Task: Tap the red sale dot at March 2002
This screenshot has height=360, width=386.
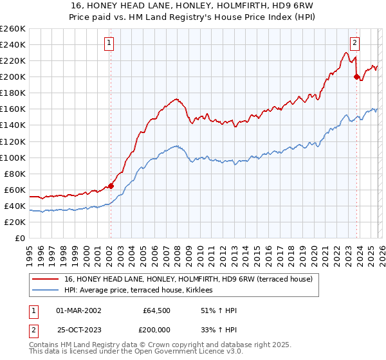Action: (111, 186)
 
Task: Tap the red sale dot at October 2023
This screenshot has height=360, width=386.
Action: (356, 76)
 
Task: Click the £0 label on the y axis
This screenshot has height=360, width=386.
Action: (19, 238)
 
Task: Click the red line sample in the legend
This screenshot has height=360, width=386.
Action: (46, 279)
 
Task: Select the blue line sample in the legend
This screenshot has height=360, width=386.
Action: (46, 291)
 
